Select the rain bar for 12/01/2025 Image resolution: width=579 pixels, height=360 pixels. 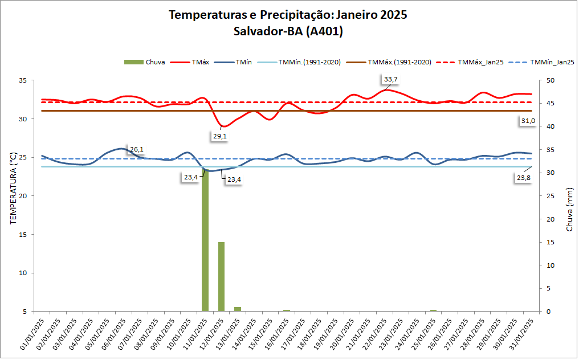(x=221, y=277)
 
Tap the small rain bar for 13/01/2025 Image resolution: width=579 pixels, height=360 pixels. (x=238, y=309)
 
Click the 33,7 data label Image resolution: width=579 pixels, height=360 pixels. (x=391, y=79)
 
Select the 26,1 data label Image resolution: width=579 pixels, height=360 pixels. (x=137, y=149)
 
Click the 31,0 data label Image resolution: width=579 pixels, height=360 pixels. (x=528, y=121)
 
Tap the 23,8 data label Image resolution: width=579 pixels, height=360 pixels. (x=523, y=178)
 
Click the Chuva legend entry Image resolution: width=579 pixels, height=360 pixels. (x=145, y=62)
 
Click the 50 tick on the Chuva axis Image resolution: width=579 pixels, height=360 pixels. (x=551, y=80)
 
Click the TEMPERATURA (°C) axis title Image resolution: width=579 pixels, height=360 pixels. (x=13, y=188)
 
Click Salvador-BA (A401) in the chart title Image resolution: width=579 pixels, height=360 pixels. (x=288, y=32)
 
